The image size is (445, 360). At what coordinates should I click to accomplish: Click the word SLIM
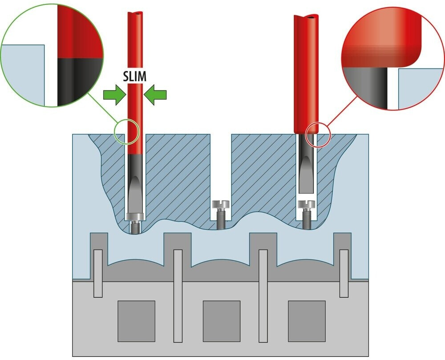134,76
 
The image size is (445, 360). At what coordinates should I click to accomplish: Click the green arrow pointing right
113,95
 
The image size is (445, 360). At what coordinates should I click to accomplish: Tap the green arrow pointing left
156,95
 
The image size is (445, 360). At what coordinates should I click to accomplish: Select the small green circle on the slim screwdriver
127,132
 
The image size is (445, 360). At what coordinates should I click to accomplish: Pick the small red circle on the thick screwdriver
318,135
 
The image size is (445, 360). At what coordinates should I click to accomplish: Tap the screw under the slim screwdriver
135,222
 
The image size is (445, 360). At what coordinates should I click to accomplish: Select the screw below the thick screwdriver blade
306,214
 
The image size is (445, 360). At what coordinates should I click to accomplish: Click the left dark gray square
136,320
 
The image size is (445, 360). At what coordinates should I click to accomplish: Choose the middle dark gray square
222,320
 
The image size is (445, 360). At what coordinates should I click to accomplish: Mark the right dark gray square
307,320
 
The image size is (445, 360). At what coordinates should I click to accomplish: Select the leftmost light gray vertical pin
98,273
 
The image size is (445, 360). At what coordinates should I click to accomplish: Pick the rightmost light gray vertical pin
344,273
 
